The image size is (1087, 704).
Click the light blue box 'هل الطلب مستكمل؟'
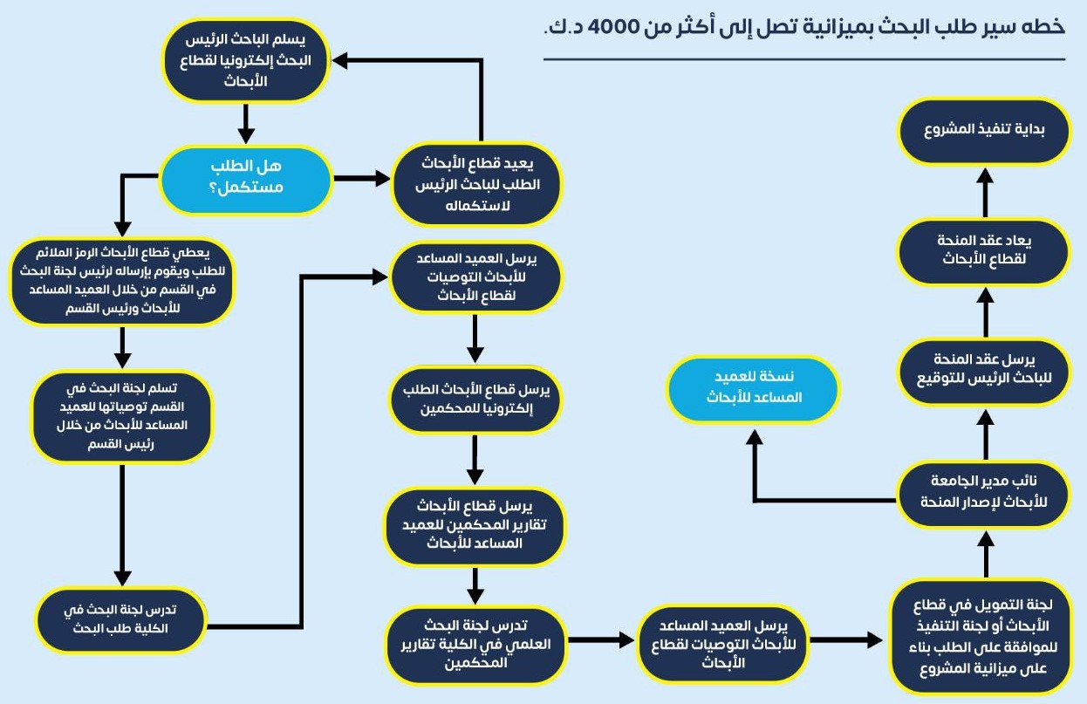pos(246,180)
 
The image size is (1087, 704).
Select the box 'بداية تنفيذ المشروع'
pos(984,131)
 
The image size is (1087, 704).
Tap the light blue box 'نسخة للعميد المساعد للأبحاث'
pos(753,388)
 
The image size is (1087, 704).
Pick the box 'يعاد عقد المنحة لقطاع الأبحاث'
pos(984,250)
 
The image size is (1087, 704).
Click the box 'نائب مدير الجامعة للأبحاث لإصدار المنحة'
pos(984,494)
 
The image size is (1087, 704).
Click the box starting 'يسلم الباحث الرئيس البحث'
pos(246,61)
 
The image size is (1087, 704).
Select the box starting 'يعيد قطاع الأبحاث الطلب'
pos(476,184)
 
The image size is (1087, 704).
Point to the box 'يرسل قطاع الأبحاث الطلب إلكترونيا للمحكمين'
pos(475,400)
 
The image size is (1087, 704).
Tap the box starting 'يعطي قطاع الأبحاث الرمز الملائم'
pos(122,282)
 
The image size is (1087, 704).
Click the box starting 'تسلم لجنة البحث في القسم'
pos(122,416)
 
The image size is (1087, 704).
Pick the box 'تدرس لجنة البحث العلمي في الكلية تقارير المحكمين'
pos(475,645)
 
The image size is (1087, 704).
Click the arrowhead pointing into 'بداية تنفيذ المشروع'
pos(985,175)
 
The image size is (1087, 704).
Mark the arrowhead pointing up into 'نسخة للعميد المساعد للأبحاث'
pos(755,437)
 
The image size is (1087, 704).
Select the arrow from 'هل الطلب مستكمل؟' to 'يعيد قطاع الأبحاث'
pos(362,178)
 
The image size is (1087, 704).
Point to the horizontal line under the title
pos(804,59)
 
